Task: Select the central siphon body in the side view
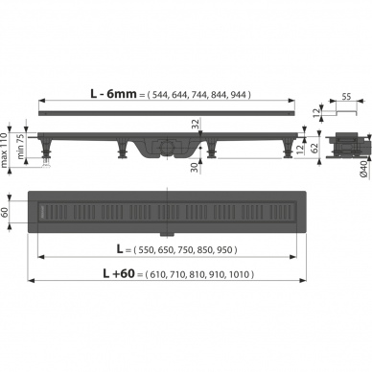pyautogui.click(x=168, y=148)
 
